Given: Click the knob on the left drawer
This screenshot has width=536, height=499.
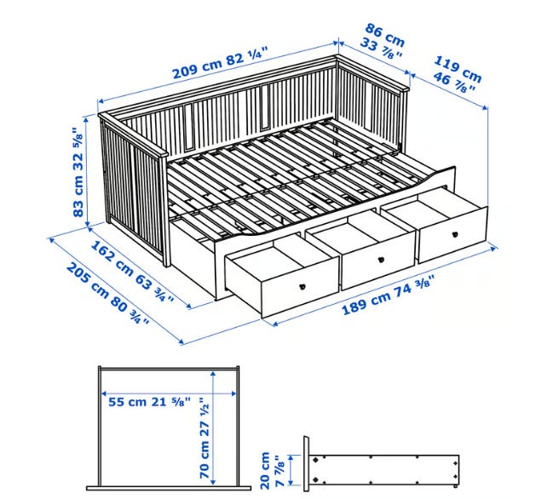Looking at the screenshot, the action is pos(303,287).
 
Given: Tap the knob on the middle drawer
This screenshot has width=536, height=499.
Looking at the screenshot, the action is pos(381,260).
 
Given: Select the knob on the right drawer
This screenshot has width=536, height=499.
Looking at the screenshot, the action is pos(455,235).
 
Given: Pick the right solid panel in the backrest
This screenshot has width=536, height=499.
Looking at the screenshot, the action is pos(265,107).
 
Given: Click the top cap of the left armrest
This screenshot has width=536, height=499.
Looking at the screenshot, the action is pos(133,135).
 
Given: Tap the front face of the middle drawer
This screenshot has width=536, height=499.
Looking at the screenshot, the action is pos(378,261).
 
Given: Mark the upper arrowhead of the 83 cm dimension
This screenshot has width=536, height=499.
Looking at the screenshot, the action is pos(87,118).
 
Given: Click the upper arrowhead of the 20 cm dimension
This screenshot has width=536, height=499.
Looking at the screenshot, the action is pos(291,458).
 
